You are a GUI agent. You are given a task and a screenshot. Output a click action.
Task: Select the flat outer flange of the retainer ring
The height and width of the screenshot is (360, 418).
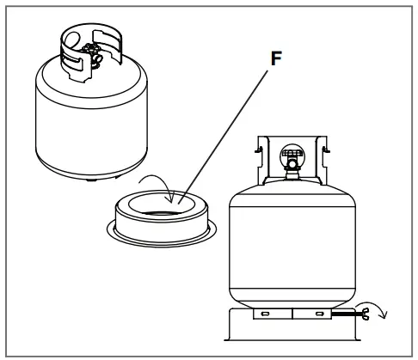(x=116, y=230)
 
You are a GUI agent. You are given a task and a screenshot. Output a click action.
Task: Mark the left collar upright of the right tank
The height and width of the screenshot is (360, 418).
(x=261, y=155)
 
